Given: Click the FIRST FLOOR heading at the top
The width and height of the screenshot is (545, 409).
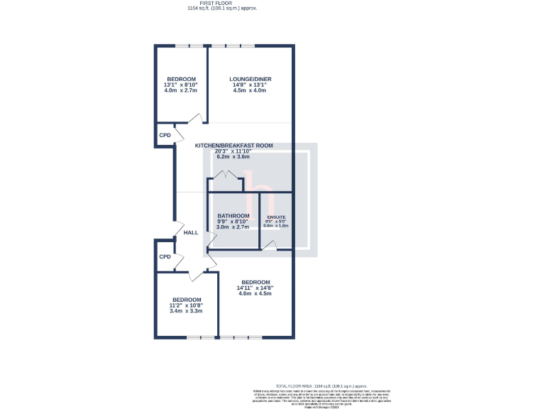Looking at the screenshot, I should pyautogui.click(x=222, y=4).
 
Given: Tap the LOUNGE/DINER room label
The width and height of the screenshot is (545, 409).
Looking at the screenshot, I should pyautogui.click(x=250, y=79).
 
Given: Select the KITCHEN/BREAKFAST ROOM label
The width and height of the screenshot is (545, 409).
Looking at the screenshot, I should pyautogui.click(x=234, y=145).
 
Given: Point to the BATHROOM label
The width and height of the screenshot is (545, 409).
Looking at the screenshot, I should pyautogui.click(x=233, y=216).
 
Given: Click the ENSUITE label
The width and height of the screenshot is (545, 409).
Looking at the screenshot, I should pyautogui.click(x=276, y=217).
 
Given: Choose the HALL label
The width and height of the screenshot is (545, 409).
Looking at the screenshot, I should pyautogui.click(x=191, y=232).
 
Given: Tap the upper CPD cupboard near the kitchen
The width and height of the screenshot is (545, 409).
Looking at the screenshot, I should pyautogui.click(x=165, y=135).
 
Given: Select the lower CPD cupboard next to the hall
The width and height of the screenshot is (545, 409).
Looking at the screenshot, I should pyautogui.click(x=165, y=256).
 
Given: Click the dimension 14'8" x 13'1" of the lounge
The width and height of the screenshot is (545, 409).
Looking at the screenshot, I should pyautogui.click(x=250, y=85).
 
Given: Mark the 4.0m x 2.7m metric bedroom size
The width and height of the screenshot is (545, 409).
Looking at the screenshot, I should pyautogui.click(x=181, y=91).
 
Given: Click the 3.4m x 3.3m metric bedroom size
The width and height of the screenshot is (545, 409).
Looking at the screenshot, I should pyautogui.click(x=186, y=311).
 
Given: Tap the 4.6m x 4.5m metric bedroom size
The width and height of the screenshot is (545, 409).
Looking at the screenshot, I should pyautogui.click(x=255, y=293).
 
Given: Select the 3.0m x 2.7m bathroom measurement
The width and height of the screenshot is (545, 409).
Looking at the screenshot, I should pyautogui.click(x=233, y=227).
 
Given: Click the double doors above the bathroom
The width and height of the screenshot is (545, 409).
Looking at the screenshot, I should pyautogui.click(x=226, y=175).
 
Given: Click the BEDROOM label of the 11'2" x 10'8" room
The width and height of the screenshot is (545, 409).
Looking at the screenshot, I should pyautogui.click(x=187, y=300).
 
